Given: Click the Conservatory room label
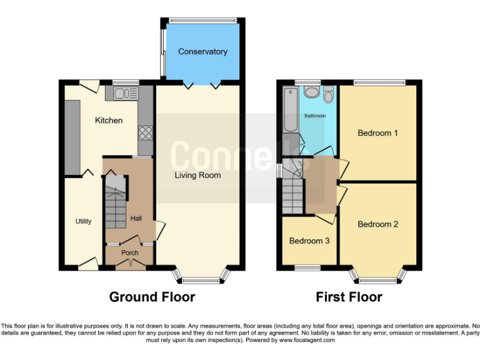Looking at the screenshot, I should [202, 52].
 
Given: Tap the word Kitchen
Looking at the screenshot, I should [108, 120].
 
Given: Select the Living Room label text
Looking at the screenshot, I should [197, 176].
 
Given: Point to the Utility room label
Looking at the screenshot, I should [84, 221].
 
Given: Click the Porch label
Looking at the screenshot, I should [129, 252].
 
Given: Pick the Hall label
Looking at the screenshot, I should [137, 218].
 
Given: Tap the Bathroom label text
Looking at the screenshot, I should [315, 116].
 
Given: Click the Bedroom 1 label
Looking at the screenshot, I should [377, 133].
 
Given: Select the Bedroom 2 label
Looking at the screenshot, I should [377, 224].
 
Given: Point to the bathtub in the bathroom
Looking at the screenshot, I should [289, 110].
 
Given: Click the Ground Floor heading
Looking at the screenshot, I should [152, 297].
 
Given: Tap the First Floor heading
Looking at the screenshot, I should [349, 297].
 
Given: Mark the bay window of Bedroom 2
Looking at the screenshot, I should [378, 275].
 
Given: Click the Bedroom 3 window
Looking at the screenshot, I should [307, 268].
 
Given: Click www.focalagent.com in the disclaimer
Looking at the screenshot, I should [307, 341].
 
